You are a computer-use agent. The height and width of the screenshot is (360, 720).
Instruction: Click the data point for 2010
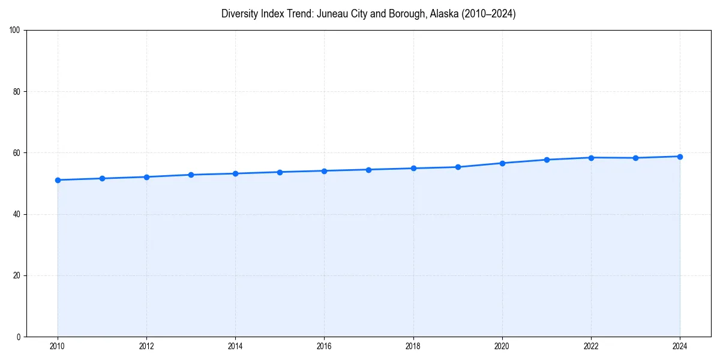pos(58,180)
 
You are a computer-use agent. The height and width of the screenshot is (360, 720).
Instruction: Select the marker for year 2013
pos(191,175)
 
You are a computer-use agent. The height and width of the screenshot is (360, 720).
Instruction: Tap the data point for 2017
pos(368,170)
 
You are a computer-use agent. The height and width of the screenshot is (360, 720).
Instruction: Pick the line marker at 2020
pos(502,163)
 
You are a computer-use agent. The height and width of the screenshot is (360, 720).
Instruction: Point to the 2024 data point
pos(680,157)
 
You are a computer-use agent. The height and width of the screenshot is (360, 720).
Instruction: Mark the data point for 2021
pos(547,160)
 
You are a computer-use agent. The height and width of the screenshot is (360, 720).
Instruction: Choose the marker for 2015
pos(280,172)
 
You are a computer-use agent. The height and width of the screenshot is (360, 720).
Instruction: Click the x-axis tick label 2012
pos(146,346)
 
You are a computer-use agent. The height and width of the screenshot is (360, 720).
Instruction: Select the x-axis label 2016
pos(324,346)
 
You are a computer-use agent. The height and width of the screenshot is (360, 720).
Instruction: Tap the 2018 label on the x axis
pos(413,346)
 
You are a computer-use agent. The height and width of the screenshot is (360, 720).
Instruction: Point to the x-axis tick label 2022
pos(591,346)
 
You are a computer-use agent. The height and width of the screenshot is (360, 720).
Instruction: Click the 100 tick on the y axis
pos(15,31)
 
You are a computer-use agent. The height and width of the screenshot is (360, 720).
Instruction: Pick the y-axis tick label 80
pos(17,92)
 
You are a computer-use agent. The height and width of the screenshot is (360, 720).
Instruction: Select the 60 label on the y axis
pos(17,153)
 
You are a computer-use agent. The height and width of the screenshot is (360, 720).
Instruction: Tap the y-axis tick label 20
pos(17,275)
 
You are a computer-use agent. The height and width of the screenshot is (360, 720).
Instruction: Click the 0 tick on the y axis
pos(19,337)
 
